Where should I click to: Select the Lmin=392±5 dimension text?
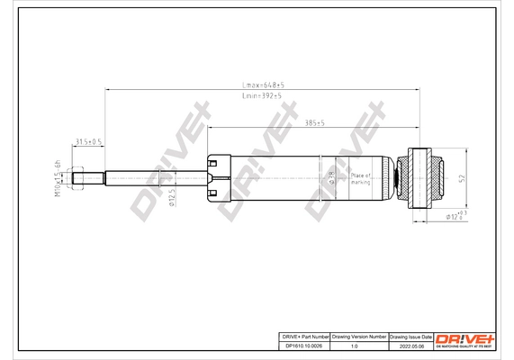[263, 95]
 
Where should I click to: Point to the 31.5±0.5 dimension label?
[87, 141]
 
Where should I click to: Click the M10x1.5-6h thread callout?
[58, 177]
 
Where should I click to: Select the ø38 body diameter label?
[331, 176]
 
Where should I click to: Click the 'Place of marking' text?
[361, 177]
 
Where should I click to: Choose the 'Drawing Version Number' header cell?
[359, 335]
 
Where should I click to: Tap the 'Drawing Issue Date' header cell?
[410, 335]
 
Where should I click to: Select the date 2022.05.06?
[410, 345]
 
